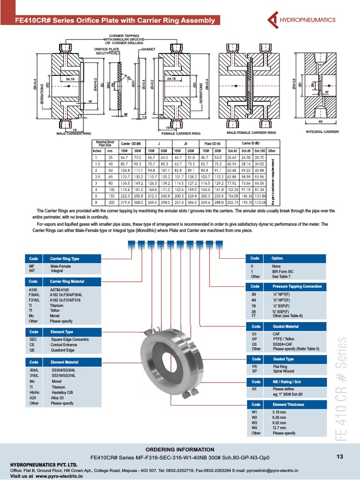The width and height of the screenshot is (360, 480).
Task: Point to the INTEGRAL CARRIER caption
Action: (x=322, y=132)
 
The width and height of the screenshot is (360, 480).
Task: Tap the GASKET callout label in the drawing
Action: (x=148, y=49)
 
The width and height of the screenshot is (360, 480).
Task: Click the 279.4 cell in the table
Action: (x=125, y=202)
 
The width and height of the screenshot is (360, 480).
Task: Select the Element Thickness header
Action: (x=288, y=405)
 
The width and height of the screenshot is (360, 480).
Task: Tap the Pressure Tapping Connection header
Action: (x=297, y=286)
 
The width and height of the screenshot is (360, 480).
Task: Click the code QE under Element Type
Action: (x=32, y=350)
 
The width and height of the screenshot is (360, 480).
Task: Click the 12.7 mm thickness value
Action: (x=279, y=427)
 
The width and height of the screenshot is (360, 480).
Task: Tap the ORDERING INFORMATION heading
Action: (x=180, y=450)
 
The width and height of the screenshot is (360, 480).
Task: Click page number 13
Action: (x=340, y=457)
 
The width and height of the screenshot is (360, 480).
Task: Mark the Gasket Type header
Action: (x=284, y=359)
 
